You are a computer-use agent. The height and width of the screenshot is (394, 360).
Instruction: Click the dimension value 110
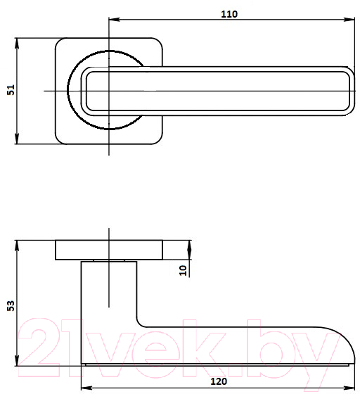pos(229,14)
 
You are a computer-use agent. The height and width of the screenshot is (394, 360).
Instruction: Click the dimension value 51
pos(11,90)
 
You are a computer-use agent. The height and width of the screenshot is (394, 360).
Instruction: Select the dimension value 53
pos(11,305)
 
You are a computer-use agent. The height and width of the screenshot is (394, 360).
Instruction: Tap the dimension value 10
pos(183,270)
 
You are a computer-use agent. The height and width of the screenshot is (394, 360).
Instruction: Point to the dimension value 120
pos(219,381)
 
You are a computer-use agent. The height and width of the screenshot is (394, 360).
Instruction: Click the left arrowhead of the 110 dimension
pos(114,20)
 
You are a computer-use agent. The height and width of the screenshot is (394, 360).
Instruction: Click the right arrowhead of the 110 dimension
pos(349,20)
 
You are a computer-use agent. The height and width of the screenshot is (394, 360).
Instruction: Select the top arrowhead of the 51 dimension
pos(17,43)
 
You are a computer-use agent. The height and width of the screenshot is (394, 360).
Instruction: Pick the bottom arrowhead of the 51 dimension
pos(17,139)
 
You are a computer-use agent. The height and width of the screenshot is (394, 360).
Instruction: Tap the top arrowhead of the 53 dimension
pos(17,246)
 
